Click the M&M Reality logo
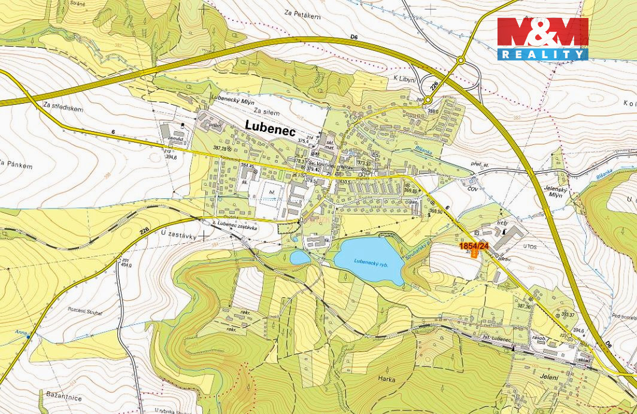[x=542, y=39]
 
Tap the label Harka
[x=387, y=378]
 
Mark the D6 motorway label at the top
[x=354, y=37]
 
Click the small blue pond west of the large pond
[x=300, y=258]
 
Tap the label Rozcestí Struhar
[x=86, y=312]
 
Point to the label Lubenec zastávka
[x=238, y=225]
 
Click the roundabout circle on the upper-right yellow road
[x=461, y=60]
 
